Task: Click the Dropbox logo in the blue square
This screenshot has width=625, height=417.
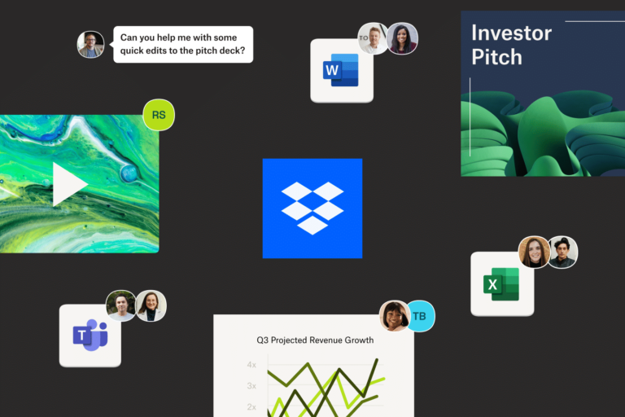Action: point(312,208)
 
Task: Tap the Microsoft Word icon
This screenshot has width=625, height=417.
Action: point(342,70)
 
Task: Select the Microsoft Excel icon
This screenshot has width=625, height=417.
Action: point(502,283)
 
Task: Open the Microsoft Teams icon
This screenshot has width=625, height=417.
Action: point(90,335)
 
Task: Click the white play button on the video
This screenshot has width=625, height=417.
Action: point(69,184)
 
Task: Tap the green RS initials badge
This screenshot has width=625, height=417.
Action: point(159,115)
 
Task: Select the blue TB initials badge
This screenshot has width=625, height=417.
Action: point(420,316)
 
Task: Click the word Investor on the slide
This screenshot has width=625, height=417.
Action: point(511,33)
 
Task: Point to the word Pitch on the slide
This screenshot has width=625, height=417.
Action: point(496,58)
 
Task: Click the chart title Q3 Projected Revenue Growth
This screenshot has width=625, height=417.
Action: point(315,340)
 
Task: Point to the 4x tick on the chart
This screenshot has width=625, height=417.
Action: point(252,364)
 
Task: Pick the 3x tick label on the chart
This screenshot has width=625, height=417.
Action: point(252,385)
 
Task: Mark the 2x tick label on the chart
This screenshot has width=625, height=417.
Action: point(252,406)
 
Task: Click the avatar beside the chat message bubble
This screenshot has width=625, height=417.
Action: point(91,44)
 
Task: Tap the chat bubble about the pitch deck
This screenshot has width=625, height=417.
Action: point(183,44)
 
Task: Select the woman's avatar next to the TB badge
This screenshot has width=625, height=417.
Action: point(395,316)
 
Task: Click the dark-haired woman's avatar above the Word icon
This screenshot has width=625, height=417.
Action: point(402,38)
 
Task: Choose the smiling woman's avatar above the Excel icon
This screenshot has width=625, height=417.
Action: point(535,252)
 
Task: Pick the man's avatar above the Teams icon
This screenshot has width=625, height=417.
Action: point(121,306)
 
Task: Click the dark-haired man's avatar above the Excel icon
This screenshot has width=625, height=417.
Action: point(562,252)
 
